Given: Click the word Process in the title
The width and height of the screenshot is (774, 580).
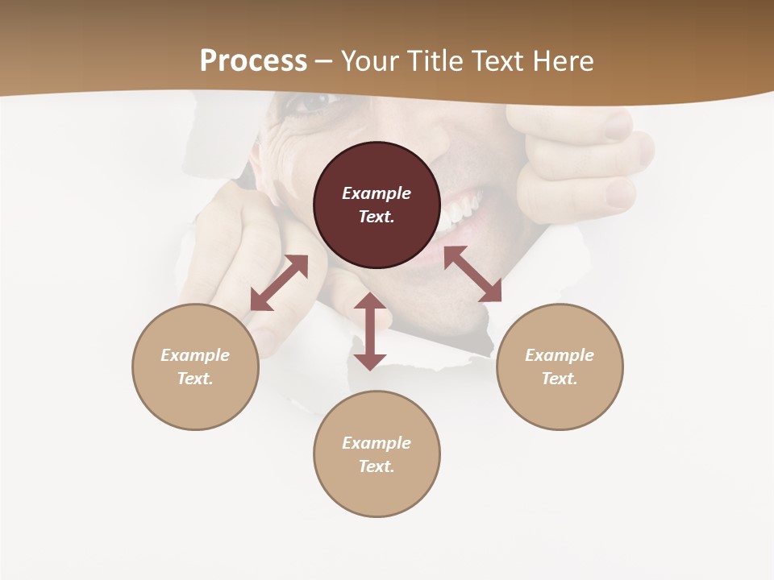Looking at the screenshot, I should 253,61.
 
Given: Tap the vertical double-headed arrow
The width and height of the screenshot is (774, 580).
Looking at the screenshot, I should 370,331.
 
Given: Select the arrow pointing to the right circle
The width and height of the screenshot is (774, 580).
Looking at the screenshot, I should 472,274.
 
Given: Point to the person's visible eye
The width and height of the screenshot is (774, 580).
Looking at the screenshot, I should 310,101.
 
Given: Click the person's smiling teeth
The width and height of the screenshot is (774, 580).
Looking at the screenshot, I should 460,211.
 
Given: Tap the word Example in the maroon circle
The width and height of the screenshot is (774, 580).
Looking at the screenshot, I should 377,193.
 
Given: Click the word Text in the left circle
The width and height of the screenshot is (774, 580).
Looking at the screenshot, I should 195,379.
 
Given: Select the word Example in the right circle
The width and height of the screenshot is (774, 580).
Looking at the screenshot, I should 560,355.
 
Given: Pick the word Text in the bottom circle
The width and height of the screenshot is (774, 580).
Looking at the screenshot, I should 377,466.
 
